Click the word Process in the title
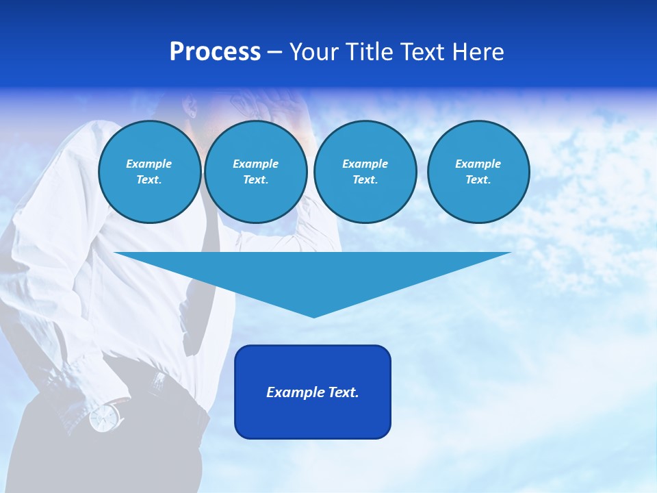[215, 52]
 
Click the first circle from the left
[149, 172]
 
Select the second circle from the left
[255, 172]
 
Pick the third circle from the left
[365, 172]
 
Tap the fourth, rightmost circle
[478, 172]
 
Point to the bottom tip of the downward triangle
[313, 316]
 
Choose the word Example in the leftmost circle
[149, 164]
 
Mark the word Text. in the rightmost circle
[478, 180]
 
